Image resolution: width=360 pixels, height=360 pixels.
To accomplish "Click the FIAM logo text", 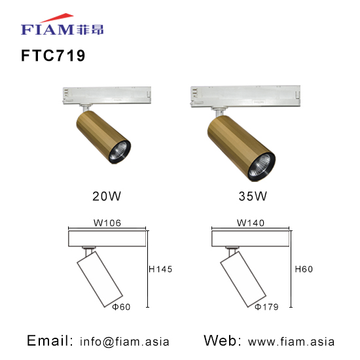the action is pos(47,29).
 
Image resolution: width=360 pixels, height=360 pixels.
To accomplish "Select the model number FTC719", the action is pos(53,56).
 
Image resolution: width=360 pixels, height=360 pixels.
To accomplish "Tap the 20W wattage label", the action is pos(107,196).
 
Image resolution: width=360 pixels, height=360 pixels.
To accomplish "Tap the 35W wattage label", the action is pos(253,196).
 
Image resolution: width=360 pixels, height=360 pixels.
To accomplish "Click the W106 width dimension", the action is pos(107,223).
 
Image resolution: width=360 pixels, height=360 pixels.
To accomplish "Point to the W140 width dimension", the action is pos(251,223).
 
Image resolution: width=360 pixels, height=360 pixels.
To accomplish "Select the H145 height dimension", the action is pos(160,269).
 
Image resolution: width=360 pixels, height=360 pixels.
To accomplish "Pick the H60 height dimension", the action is pos(304,269).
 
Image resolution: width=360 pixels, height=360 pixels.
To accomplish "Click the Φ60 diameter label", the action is pos(121,307).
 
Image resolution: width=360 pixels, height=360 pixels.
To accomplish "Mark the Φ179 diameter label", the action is pos(266,307).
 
